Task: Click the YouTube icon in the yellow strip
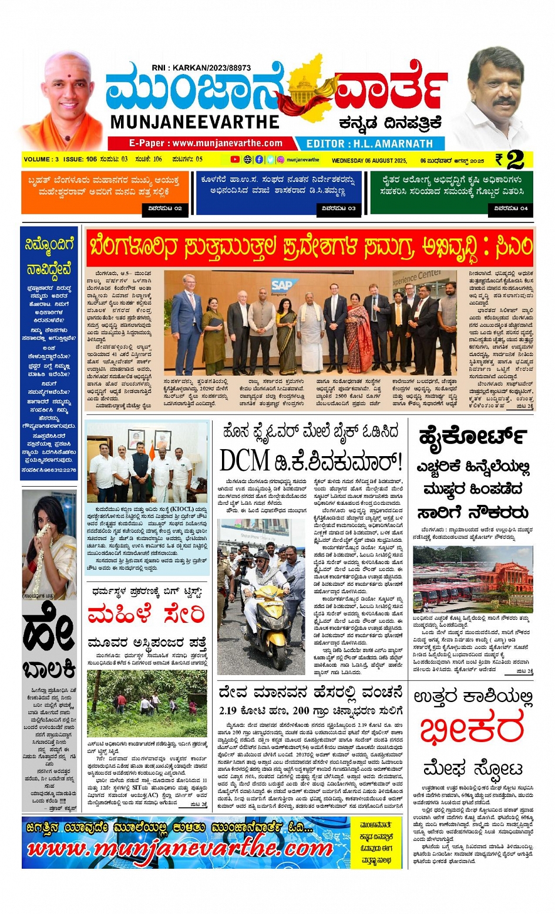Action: [235, 160]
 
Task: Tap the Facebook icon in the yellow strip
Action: [259, 160]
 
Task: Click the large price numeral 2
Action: [515, 160]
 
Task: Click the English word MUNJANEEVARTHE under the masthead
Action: [195, 122]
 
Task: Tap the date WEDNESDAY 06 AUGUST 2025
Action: [369, 160]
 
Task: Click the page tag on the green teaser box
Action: [510, 208]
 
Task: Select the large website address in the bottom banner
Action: [180, 849]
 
